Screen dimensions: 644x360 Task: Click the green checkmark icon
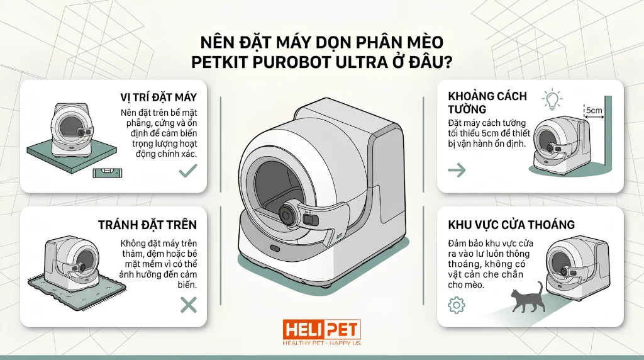pyautogui.click(x=188, y=170)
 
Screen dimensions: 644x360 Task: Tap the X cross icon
pyautogui.click(x=189, y=305)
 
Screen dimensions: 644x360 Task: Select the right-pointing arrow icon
pyautogui.click(x=457, y=170)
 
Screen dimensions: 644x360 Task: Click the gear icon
pyautogui.click(x=457, y=305)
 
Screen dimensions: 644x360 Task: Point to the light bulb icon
pyautogui.click(x=552, y=99)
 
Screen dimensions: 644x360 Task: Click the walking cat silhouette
pyautogui.click(x=528, y=297)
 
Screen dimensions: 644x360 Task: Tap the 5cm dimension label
pyautogui.click(x=594, y=110)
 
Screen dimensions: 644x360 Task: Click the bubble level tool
pyautogui.click(x=108, y=173)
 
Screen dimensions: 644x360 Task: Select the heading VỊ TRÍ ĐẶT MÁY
pyautogui.click(x=158, y=98)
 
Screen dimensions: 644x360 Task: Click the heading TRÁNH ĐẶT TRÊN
pyautogui.click(x=147, y=225)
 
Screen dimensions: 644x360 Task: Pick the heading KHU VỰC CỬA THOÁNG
pyautogui.click(x=511, y=225)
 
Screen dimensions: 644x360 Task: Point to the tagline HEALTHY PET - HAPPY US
pyautogui.click(x=321, y=343)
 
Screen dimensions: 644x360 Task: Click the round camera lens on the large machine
pyautogui.click(x=286, y=214)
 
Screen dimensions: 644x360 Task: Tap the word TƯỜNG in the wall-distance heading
pyautogui.click(x=467, y=110)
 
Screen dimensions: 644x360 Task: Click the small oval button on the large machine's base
pyautogui.click(x=274, y=248)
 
